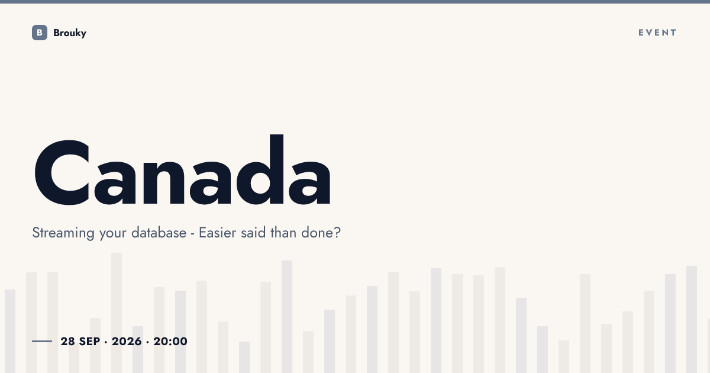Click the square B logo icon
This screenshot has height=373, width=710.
(x=40, y=33)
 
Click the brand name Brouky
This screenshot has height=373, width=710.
(x=70, y=33)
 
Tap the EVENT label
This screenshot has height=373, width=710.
(x=657, y=33)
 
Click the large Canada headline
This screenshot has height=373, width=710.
(x=183, y=170)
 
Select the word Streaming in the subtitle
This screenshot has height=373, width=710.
(x=63, y=233)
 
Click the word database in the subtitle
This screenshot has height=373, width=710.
(x=159, y=233)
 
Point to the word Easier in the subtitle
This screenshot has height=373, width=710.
(x=218, y=233)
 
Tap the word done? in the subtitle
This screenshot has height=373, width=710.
(x=321, y=233)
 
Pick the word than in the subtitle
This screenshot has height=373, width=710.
(x=283, y=233)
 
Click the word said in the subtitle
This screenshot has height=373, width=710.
(x=253, y=233)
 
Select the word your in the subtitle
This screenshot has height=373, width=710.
(x=113, y=234)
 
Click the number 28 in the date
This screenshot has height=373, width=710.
(x=68, y=341)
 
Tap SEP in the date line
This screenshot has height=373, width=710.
(x=90, y=341)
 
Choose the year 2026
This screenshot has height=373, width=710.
(x=127, y=341)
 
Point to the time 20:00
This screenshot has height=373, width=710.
(x=170, y=341)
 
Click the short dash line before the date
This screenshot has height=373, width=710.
(x=42, y=341)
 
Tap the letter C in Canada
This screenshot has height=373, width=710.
(x=62, y=172)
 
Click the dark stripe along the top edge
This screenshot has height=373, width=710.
(x=355, y=2)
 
